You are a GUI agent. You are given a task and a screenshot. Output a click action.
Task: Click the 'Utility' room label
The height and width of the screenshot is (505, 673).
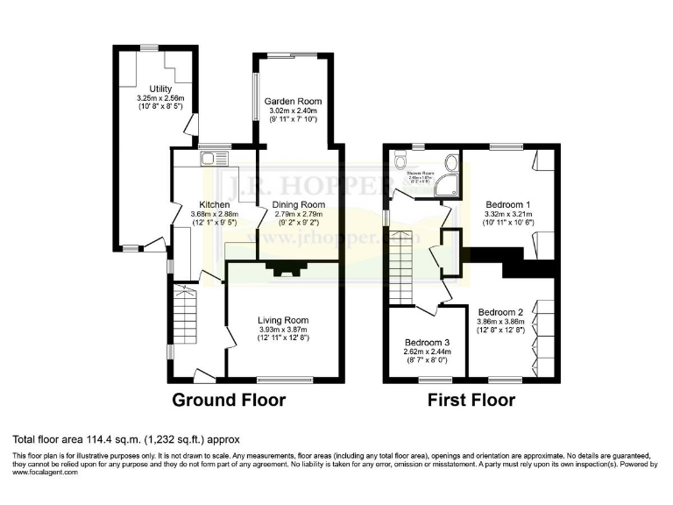pos(160,89)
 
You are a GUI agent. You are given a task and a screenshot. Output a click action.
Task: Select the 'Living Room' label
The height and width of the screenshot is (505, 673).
pos(282,320)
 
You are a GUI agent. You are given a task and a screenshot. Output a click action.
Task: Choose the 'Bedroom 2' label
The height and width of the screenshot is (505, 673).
pos(501,311)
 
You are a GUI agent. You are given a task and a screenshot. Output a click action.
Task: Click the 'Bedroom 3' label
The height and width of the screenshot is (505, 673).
pos(428,342)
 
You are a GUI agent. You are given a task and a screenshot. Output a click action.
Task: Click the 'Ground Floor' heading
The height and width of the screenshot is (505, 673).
pos(228,401)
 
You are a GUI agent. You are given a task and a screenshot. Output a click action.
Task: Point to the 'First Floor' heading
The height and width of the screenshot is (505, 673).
pos(471,401)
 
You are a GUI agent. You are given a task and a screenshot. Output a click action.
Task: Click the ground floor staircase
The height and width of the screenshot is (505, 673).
pos(187,314)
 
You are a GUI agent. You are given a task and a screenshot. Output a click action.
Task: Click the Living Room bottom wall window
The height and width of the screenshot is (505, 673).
pos(284,380)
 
